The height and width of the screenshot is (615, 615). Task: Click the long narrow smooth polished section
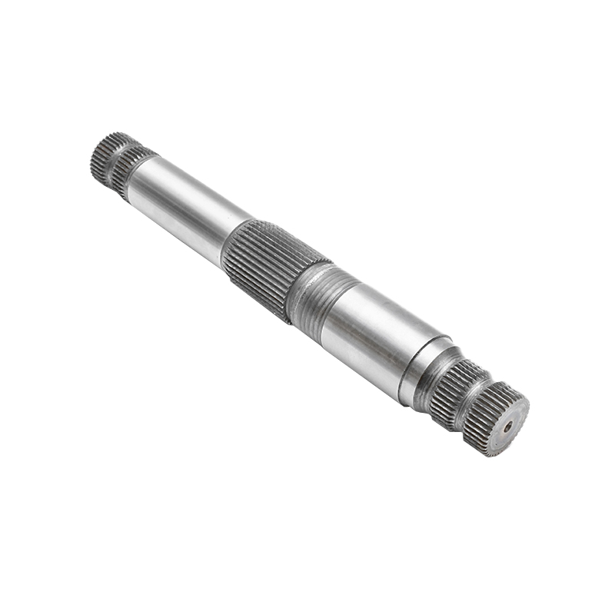click(x=184, y=208)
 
